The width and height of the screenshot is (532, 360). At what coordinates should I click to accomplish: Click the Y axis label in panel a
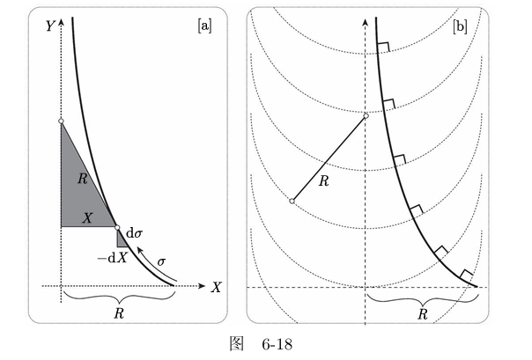tap(50, 26)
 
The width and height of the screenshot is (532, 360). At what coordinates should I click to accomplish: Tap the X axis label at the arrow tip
tap(216, 288)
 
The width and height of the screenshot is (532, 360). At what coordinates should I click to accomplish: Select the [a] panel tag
tap(204, 26)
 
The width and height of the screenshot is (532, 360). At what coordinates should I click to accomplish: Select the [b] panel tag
tap(460, 26)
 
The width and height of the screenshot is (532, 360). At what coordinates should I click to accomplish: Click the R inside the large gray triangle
tap(83, 179)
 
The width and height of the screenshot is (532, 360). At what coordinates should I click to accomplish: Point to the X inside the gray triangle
tap(87, 218)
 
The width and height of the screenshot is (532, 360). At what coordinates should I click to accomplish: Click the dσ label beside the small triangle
tap(134, 233)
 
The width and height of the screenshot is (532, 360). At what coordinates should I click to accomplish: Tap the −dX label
tap(113, 259)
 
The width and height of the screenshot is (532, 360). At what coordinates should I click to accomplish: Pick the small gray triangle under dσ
tap(122, 239)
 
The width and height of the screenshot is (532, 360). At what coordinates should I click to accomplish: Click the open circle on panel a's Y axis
tap(61, 121)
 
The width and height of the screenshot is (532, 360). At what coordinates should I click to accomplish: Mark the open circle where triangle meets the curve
tap(117, 227)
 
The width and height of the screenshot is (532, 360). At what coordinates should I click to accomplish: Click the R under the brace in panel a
tap(119, 313)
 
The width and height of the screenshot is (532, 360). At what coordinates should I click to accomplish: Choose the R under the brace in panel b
tap(423, 314)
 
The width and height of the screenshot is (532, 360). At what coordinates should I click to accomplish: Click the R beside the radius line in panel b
tap(324, 181)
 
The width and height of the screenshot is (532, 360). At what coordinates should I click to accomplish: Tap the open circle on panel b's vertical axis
tap(366, 116)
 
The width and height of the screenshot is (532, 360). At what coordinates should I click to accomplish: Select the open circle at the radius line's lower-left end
tap(292, 201)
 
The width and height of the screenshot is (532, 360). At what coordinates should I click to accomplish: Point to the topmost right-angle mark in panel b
tap(384, 48)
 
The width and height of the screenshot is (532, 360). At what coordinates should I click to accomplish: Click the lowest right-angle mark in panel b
tap(467, 276)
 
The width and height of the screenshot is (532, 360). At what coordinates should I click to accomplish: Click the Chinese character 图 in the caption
tap(236, 344)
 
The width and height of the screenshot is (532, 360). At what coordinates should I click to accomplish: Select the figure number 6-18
tap(277, 344)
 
